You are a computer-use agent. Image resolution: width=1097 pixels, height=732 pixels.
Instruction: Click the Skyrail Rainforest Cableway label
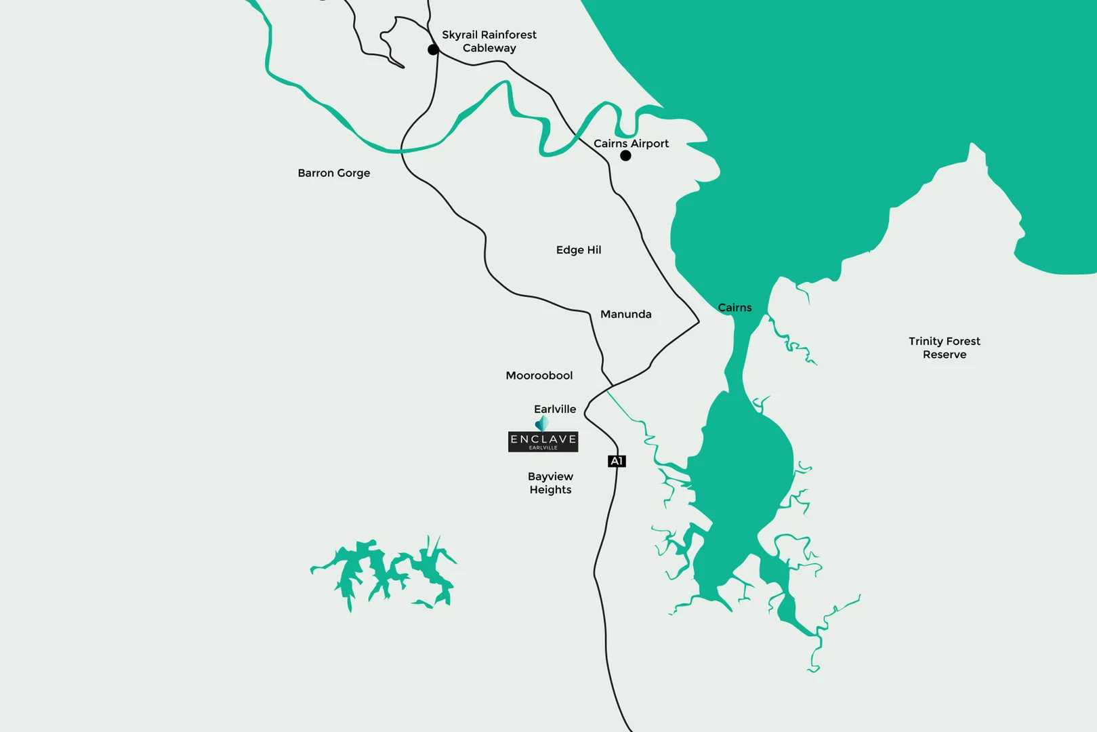click(x=489, y=41)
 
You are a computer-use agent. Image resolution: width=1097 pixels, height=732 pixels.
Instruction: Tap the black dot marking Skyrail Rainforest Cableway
click(x=433, y=49)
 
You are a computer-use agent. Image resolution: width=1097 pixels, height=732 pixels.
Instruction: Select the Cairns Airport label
click(x=631, y=144)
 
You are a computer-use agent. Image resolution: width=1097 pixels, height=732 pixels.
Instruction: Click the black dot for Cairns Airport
click(x=625, y=156)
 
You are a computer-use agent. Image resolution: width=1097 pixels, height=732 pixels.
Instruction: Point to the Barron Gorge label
click(x=334, y=173)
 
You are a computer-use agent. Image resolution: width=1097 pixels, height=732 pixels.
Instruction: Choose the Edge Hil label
click(x=579, y=250)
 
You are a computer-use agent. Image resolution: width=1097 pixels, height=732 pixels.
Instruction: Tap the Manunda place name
click(x=625, y=314)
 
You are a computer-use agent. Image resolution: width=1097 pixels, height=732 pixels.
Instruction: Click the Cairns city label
click(x=734, y=308)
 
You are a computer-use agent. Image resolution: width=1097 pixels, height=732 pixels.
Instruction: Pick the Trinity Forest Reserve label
click(x=944, y=348)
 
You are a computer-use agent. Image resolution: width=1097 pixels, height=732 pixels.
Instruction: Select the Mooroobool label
click(x=539, y=375)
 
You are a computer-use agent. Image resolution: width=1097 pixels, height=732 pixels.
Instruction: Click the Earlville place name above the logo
click(x=555, y=409)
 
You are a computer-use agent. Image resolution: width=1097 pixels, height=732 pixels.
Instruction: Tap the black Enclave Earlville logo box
click(x=543, y=442)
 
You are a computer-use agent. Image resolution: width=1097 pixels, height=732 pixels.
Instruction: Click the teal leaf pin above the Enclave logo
click(x=541, y=424)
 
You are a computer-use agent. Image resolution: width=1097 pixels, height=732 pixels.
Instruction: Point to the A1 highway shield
click(x=617, y=461)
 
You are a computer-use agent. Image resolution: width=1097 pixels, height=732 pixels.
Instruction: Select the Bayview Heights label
click(x=550, y=483)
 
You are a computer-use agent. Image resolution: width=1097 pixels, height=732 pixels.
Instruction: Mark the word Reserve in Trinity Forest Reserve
click(x=944, y=354)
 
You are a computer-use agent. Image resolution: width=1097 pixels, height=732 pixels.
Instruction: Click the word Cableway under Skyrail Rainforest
click(x=489, y=48)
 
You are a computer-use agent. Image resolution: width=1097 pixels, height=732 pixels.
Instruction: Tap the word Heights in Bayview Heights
click(x=550, y=490)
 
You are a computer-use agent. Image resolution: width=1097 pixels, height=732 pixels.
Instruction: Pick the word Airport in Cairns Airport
click(x=650, y=144)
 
